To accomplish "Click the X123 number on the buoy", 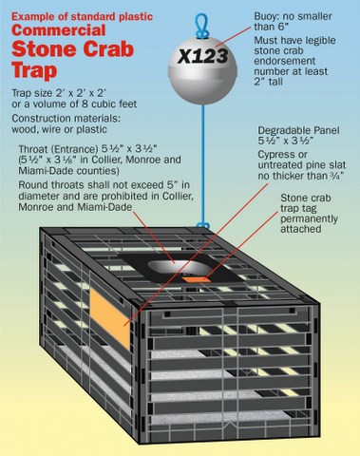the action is point(202,57).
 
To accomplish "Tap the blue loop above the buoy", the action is point(200,26).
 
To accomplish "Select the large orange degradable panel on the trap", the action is point(110,318).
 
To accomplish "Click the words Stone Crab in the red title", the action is point(72,49).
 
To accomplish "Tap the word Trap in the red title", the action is point(34,70).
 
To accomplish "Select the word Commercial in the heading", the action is point(59,30).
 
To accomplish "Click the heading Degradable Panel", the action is point(298,130).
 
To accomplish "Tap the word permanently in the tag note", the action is point(309,219).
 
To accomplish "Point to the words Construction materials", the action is point(66,119).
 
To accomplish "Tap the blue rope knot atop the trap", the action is point(202,225).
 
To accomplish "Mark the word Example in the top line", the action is point(28,17).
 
